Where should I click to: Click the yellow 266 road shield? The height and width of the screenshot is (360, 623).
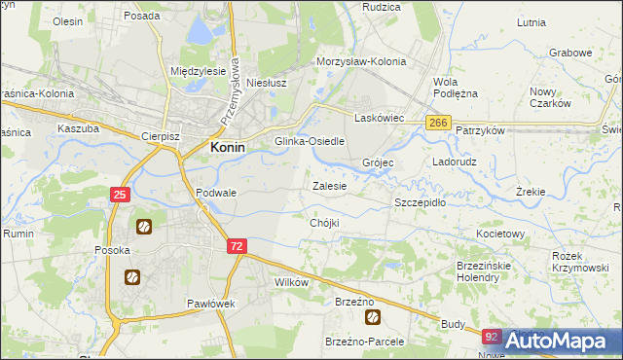point(438,122)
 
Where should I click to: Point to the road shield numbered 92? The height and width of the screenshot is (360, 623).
point(493,338)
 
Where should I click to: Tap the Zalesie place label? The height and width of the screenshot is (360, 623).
point(328,185)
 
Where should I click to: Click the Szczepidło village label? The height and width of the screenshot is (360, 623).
point(420,202)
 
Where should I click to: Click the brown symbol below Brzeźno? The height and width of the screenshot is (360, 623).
point(371,317)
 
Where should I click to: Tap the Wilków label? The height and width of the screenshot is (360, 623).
point(292,282)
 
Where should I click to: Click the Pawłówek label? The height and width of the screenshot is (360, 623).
point(212,304)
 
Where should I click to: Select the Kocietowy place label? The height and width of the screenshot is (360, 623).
point(500,234)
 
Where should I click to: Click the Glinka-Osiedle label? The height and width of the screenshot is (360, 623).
point(311,141)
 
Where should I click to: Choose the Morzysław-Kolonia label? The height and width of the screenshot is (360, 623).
point(360,60)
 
